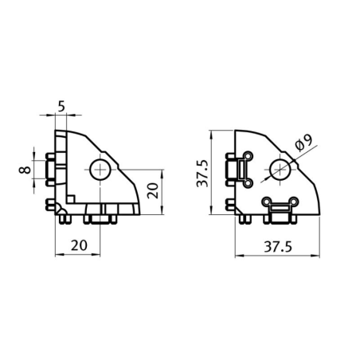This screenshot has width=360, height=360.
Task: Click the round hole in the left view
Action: tap(100, 168)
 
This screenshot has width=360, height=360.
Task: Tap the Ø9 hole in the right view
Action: tap(279, 168)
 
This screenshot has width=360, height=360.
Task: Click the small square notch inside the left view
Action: tap(72, 196)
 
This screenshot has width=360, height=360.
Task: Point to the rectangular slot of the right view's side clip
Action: tap(237, 169)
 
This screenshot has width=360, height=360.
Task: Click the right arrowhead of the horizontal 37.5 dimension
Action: tap(320, 256)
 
